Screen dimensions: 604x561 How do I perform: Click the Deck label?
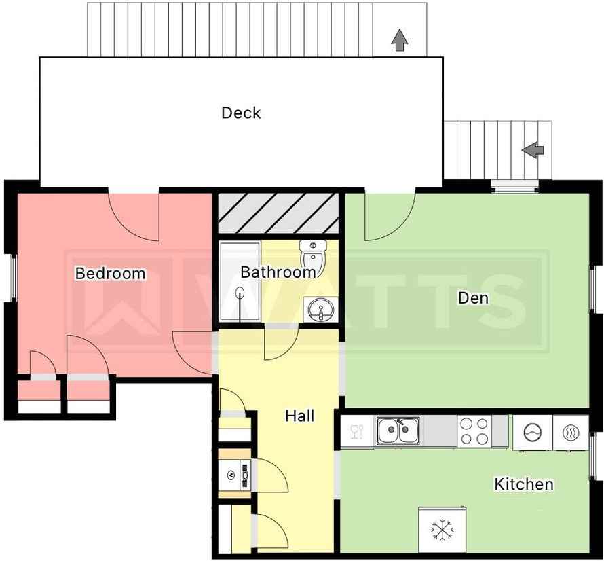pyautogui.click(x=241, y=113)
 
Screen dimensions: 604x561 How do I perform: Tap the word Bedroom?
pyautogui.click(x=110, y=273)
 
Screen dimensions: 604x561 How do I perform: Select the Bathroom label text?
pyautogui.click(x=278, y=272)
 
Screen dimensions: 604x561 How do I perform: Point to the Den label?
pyautogui.click(x=473, y=297)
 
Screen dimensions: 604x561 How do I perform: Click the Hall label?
pyautogui.click(x=300, y=416)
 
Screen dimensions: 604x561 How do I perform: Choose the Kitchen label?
pyautogui.click(x=524, y=484)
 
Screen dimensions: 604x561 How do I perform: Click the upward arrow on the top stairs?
pyautogui.click(x=400, y=40)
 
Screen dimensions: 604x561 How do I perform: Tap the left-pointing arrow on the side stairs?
pyautogui.click(x=533, y=150)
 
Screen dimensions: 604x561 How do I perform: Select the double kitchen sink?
pyautogui.click(x=398, y=431)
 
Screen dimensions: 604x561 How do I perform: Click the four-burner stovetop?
pyautogui.click(x=474, y=431)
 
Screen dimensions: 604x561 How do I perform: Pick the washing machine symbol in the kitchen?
pyautogui.click(x=533, y=432)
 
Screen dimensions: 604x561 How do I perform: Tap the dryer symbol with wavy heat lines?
pyautogui.click(x=571, y=432)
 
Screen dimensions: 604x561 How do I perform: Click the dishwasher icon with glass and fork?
pyautogui.click(x=357, y=432)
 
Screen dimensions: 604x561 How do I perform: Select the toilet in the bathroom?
pyautogui.click(x=313, y=255)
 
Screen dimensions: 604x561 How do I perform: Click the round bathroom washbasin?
pyautogui.click(x=320, y=309)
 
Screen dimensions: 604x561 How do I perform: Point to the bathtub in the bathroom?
pyautogui.click(x=240, y=281)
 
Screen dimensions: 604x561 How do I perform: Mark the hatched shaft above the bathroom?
pyautogui.click(x=278, y=213)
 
